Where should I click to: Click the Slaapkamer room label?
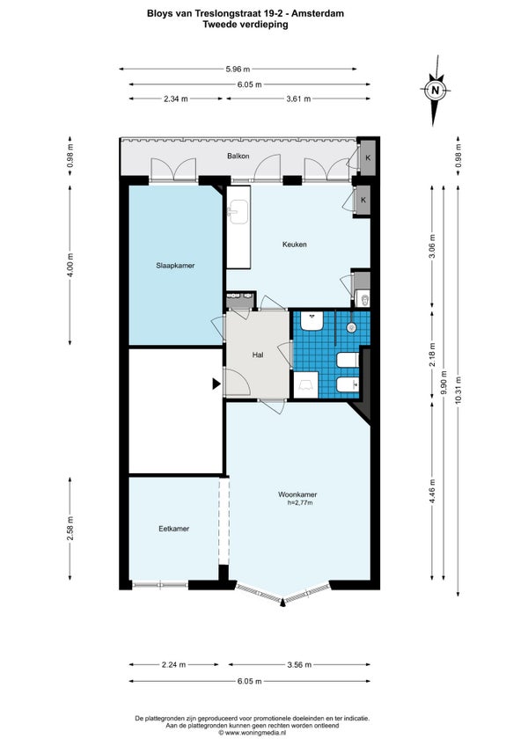click(175, 266)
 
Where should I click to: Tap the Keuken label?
click(294, 244)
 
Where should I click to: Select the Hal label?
click(258, 355)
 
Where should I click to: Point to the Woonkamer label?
click(297, 494)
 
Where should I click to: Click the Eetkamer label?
click(173, 528)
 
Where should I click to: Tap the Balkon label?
click(238, 156)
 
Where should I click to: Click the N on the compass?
click(434, 90)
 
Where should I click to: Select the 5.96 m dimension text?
click(238, 69)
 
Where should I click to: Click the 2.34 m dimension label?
click(176, 99)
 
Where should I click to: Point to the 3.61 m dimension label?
click(298, 99)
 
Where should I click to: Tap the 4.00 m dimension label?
click(70, 265)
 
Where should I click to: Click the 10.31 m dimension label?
click(458, 390)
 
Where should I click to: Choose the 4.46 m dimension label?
click(432, 491)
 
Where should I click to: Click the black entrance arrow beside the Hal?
click(216, 384)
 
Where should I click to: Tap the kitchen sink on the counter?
click(238, 211)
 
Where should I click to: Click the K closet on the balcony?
click(368, 157)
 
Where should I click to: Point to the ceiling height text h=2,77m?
click(300, 502)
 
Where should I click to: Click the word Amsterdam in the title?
click(318, 14)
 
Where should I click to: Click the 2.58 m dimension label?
click(70, 529)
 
